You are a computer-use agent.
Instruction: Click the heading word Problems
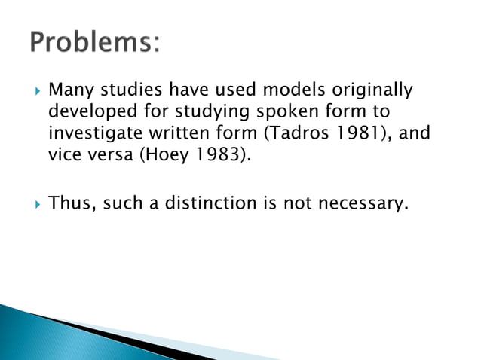[95, 43]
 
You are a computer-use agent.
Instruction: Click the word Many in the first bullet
[69, 90]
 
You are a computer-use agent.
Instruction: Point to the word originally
[371, 91]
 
